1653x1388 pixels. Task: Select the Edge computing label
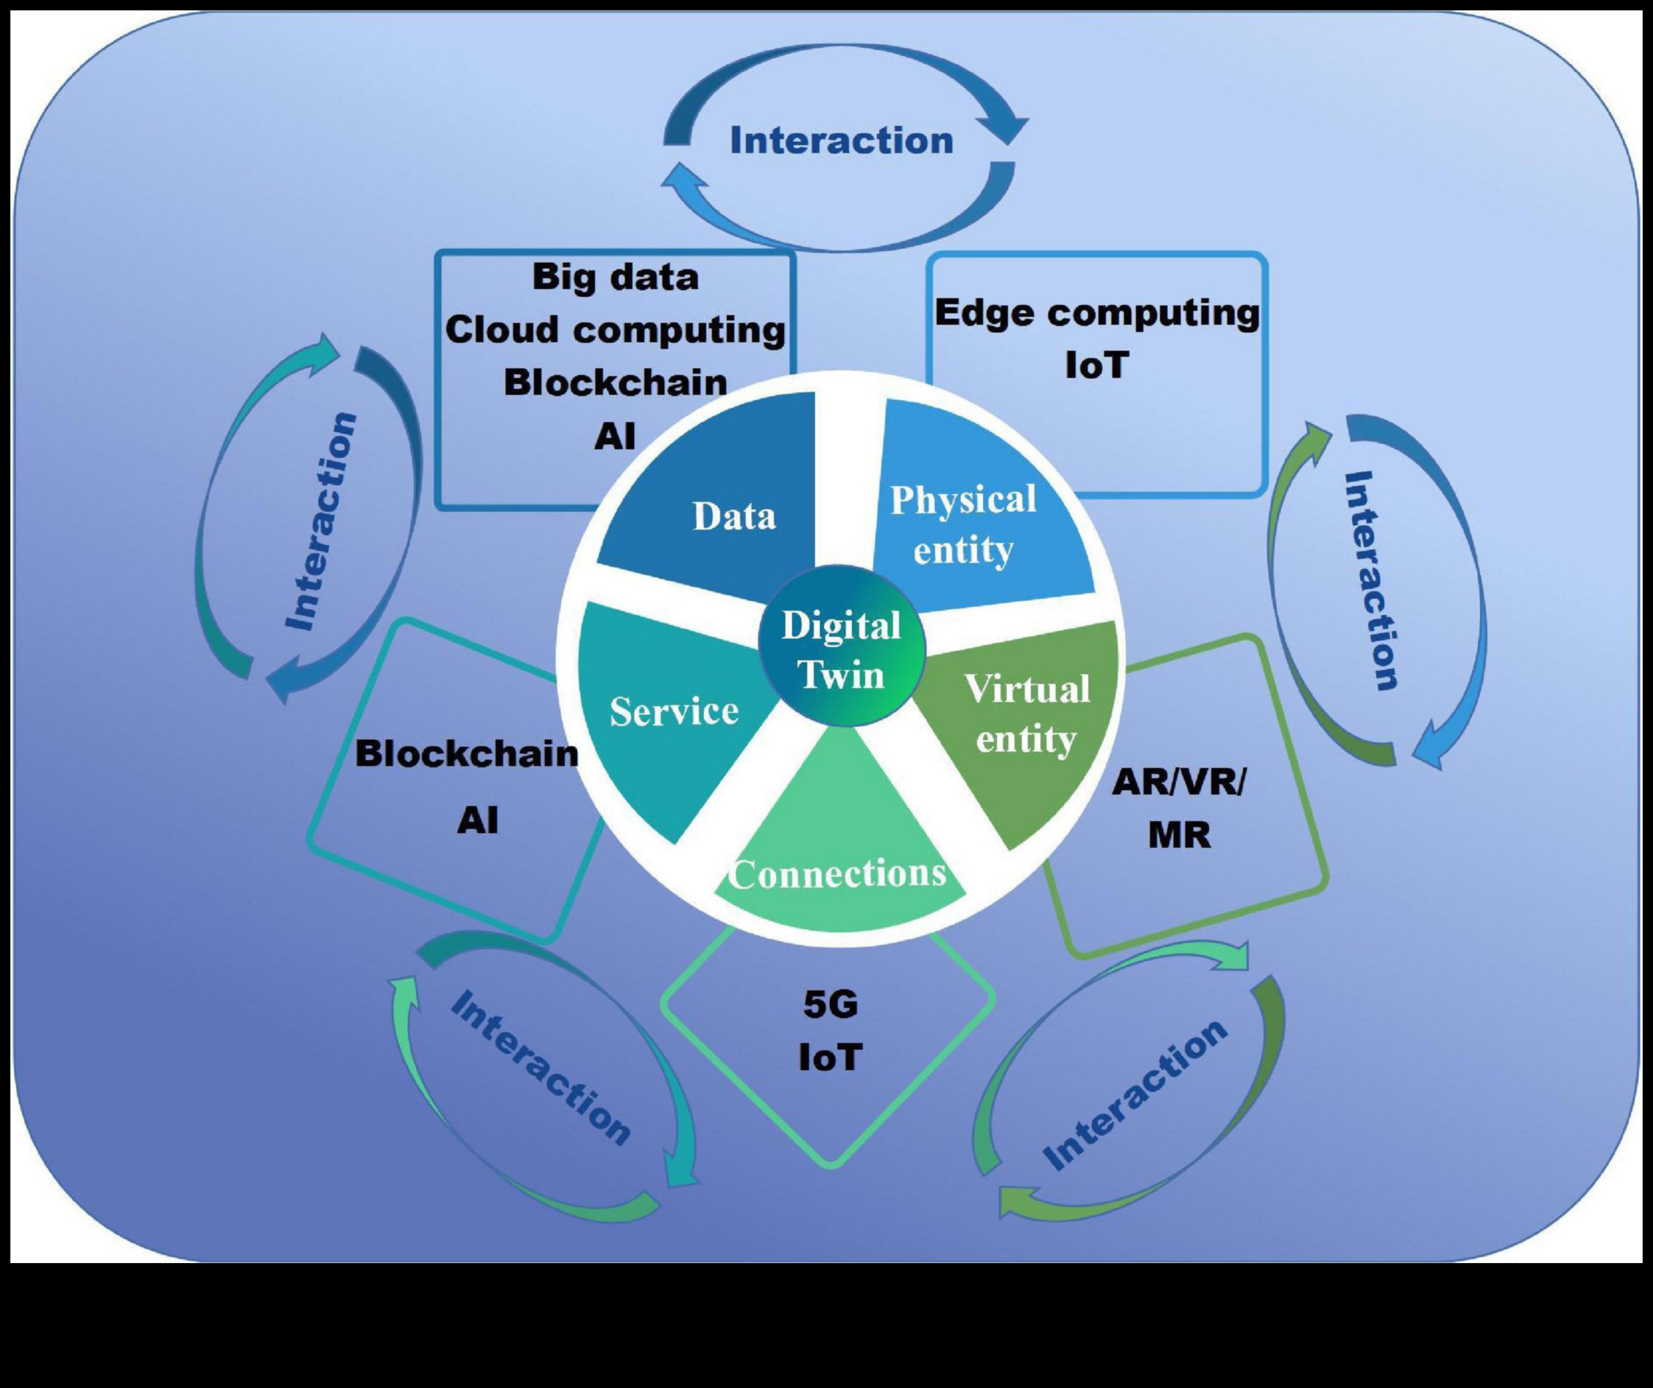coord(1096,314)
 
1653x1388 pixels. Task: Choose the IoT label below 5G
coord(831,1057)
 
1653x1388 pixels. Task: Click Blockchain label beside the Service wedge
coord(467,754)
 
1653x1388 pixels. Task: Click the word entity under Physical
coord(963,550)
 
